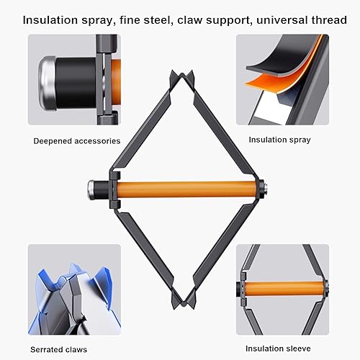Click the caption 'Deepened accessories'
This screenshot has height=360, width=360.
click(x=77, y=141)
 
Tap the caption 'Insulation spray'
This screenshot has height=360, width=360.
click(x=279, y=140)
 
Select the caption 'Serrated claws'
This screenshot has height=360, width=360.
click(x=58, y=349)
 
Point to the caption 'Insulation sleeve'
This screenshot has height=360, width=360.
click(x=278, y=348)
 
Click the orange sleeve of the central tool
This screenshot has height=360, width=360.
click(x=186, y=189)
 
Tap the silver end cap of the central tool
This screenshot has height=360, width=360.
click(x=91, y=189)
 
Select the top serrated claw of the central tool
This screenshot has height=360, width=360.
click(x=181, y=77)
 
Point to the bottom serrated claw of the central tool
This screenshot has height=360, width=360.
click(x=182, y=301)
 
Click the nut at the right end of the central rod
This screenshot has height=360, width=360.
click(x=264, y=189)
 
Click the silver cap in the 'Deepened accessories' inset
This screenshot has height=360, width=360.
click(x=48, y=84)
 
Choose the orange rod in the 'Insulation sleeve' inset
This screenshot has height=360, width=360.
click(x=283, y=289)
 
